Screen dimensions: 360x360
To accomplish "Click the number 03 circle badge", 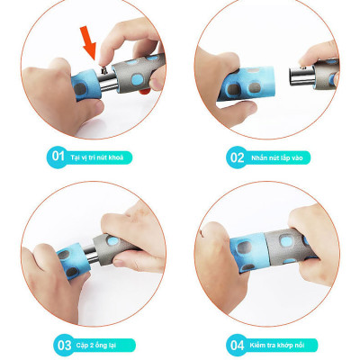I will click(x=64, y=343).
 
